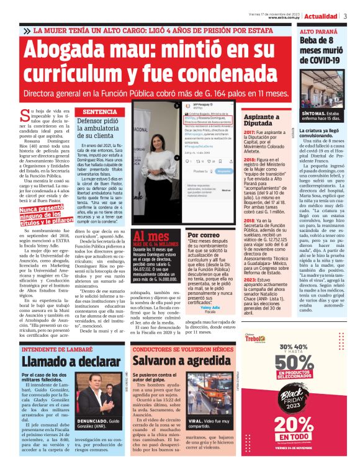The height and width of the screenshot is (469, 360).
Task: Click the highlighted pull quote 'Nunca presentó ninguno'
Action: (46, 215)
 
